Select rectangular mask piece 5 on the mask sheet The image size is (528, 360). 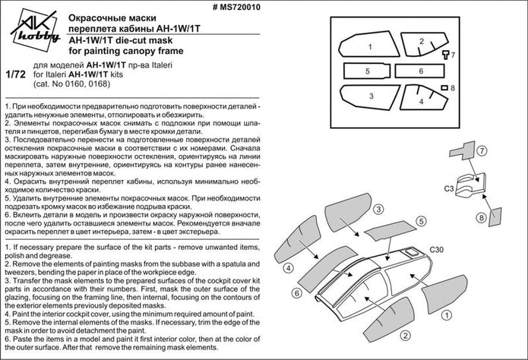coord(367,71)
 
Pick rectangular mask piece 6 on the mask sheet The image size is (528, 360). coord(420,71)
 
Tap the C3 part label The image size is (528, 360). coord(449,186)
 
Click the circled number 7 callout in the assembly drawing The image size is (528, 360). coord(481,150)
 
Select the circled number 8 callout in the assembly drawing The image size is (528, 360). coord(480,217)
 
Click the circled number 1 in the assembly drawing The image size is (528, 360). coord(448,312)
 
